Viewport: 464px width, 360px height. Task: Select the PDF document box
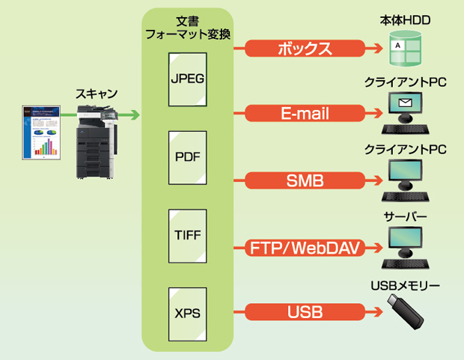pos(186,158)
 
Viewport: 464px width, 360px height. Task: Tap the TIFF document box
pos(186,236)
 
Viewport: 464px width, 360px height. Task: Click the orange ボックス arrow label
pos(305,49)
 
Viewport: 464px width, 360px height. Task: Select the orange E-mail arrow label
pos(305,114)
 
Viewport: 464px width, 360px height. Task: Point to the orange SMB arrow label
pos(305,180)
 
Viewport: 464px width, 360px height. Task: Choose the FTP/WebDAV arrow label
pos(305,247)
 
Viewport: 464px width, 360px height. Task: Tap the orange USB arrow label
pos(305,311)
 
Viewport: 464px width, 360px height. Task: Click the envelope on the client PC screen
pos(406,103)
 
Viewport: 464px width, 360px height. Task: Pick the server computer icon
pos(405,248)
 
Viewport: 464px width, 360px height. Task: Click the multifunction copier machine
pos(96,142)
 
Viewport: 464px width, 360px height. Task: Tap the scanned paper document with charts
pos(41,133)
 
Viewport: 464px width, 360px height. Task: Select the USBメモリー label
pos(405,285)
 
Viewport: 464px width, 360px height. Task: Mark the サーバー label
pos(405,217)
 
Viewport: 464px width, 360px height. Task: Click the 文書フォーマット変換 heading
pos(186,27)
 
